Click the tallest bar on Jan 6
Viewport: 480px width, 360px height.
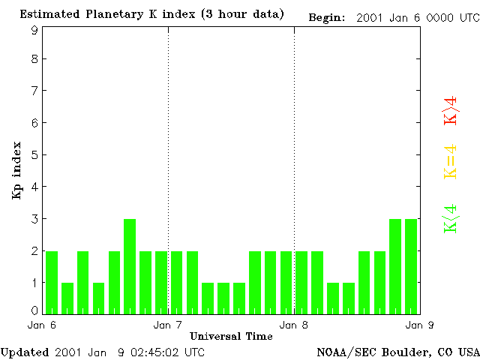pyautogui.click(x=130, y=267)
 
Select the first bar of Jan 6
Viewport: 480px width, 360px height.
pyautogui.click(x=52, y=283)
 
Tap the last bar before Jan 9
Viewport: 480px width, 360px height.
pyautogui.click(x=411, y=267)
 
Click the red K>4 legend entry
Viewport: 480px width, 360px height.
pyautogui.click(x=451, y=111)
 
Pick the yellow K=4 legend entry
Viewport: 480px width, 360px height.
pyautogui.click(x=451, y=162)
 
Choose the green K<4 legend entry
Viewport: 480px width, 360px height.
pyautogui.click(x=451, y=219)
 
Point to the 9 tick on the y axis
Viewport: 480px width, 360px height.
pyautogui.click(x=34, y=30)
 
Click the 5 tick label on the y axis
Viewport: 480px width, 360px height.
pyautogui.click(x=34, y=155)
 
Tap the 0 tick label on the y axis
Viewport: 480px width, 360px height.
pyautogui.click(x=34, y=311)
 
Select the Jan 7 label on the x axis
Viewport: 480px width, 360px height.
pyautogui.click(x=167, y=325)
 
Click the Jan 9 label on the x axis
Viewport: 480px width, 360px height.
pyautogui.click(x=419, y=325)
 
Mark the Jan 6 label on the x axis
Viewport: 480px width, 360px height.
pyautogui.click(x=42, y=325)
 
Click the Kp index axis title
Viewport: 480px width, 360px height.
pyautogui.click(x=16, y=170)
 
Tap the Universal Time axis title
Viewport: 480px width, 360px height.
pyautogui.click(x=231, y=337)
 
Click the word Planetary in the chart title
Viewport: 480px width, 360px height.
pyautogui.click(x=115, y=14)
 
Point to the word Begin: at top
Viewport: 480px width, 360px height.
pyautogui.click(x=327, y=18)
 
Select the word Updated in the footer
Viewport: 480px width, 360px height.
pyautogui.click(x=25, y=352)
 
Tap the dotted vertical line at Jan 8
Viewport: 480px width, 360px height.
pyautogui.click(x=295, y=170)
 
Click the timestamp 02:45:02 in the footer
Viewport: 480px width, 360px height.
pyautogui.click(x=154, y=352)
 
